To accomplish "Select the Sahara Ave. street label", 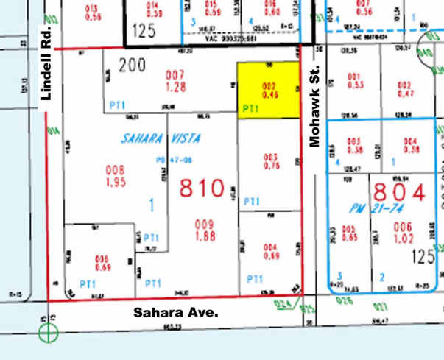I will [x=176, y=312].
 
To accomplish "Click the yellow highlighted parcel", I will [x=268, y=90].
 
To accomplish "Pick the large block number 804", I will [x=400, y=193].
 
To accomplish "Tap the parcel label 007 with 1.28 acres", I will [x=175, y=80].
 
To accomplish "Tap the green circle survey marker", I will [x=49, y=333].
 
